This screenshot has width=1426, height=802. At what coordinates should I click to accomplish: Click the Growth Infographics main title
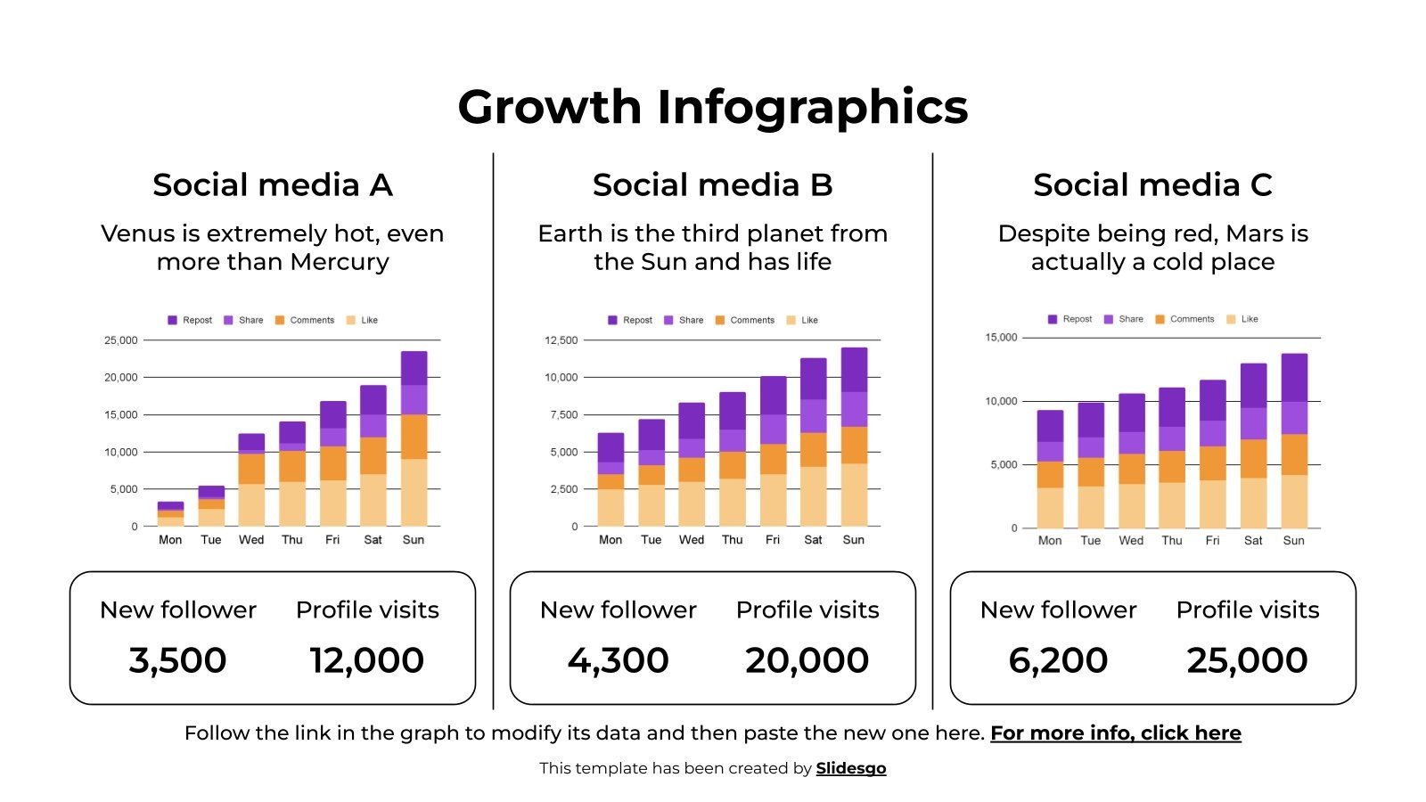coord(712,107)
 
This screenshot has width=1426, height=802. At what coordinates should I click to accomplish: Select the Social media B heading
coord(712,185)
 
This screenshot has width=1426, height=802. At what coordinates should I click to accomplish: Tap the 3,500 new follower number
coord(177,660)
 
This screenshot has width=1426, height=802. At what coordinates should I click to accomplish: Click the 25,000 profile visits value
coord(1247,660)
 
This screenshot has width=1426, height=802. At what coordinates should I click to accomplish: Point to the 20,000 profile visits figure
coord(807,660)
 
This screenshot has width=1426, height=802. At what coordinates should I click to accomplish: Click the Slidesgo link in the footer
coord(850,768)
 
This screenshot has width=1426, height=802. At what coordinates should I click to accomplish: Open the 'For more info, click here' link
coord(1115,733)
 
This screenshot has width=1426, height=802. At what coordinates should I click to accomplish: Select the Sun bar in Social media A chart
coord(414,438)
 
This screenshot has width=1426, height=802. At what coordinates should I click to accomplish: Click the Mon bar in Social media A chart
coord(170,514)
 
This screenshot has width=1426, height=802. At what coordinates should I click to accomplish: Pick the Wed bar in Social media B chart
coord(692,464)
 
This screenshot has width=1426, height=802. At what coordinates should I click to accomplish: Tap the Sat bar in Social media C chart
coord(1253,446)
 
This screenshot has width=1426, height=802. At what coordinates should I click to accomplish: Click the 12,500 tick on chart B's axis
coord(561,340)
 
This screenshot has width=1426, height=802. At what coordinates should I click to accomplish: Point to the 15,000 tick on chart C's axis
coord(1000,338)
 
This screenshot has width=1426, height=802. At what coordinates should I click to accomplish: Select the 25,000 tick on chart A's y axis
coord(121,340)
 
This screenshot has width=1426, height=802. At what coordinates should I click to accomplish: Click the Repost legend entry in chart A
coord(191,320)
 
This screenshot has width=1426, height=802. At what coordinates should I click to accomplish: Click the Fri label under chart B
coord(772,540)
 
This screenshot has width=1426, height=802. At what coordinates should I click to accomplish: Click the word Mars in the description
coord(1253,233)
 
